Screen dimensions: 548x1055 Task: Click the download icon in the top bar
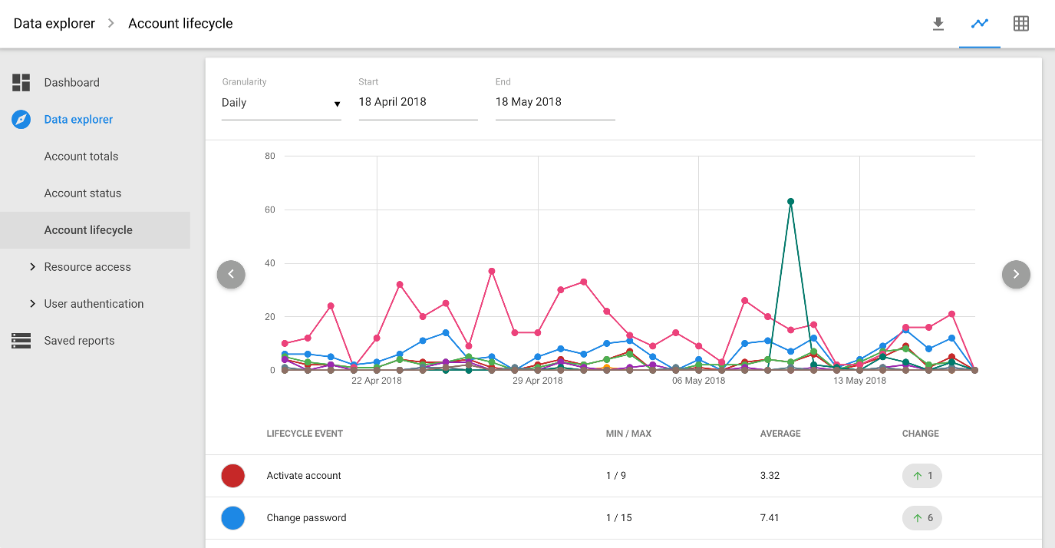938,24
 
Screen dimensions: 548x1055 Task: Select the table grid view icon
1020,24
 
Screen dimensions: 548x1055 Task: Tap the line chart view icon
979,24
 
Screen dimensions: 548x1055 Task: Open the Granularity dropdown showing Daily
281,103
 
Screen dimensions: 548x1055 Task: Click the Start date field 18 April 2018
417,102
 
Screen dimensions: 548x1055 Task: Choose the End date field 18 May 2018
555,102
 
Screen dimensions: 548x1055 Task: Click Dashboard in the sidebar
71,83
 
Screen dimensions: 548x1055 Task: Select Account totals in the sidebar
81,157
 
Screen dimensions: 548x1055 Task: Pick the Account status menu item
83,193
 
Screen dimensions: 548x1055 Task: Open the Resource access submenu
87,267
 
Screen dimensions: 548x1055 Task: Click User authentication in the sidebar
94,304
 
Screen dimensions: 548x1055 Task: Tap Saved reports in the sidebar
79,341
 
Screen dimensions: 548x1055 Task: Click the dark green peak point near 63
790,202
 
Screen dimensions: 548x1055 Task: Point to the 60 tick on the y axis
269,210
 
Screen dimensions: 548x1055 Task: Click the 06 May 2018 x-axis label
698,381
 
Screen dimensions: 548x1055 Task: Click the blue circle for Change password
232,518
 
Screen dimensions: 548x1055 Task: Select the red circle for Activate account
232,476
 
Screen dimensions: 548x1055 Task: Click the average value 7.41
770,518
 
